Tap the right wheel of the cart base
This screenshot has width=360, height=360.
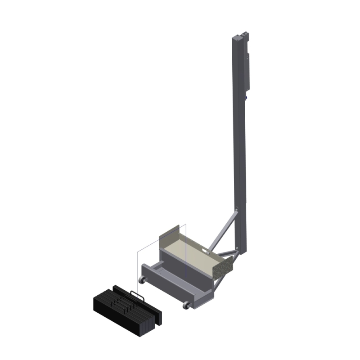pyautogui.click(x=185, y=306)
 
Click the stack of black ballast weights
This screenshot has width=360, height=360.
pyautogui.click(x=124, y=310)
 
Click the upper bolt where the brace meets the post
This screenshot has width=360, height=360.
pyautogui.click(x=236, y=208)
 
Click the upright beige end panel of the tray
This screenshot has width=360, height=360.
pyautogui.click(x=171, y=232)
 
